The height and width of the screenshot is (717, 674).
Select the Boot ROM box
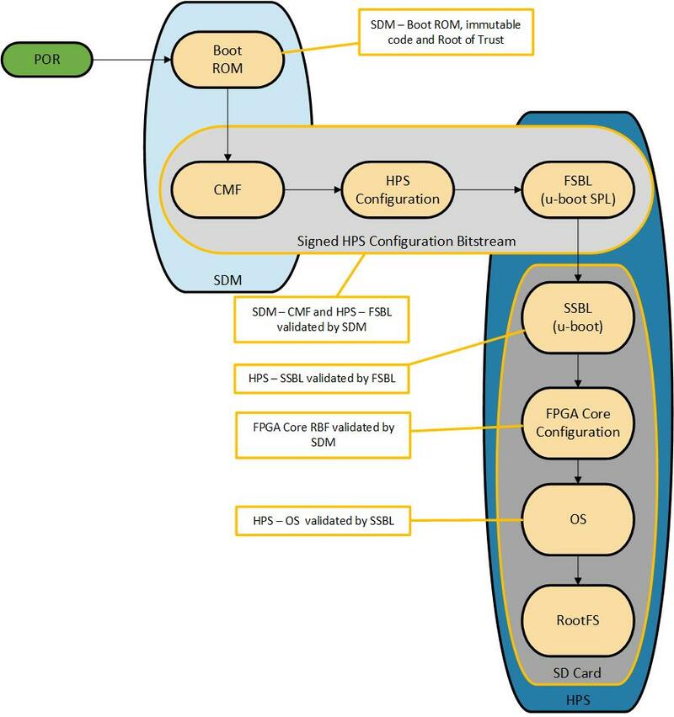pyautogui.click(x=227, y=59)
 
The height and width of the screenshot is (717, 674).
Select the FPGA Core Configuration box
pyautogui.click(x=577, y=423)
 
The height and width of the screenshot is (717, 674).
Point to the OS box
pyautogui.click(x=577, y=519)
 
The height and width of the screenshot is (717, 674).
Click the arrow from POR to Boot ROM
pyautogui.click(x=130, y=59)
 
